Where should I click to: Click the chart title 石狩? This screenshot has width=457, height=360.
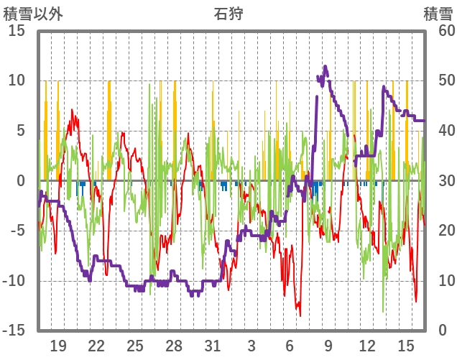228,14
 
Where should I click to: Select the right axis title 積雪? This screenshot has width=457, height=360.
438,14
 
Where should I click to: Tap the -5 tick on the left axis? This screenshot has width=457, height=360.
17,231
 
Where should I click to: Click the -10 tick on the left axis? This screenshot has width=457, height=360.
14,281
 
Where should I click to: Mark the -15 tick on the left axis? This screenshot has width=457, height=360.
14,331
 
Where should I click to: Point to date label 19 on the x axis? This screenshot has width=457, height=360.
58,346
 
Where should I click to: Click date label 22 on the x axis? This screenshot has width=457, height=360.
96,346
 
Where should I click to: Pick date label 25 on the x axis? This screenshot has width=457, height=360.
135,346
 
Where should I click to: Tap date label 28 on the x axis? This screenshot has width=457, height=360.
174,346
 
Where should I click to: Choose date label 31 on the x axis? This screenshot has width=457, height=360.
212,346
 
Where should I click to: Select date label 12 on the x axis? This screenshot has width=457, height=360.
367,346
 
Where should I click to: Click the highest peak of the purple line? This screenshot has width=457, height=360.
326,66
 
